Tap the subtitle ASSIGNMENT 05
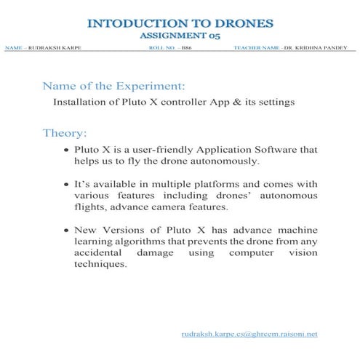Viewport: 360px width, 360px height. [x=180, y=34]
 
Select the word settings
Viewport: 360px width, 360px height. [x=272, y=103]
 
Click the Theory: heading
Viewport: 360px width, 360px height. [x=65, y=133]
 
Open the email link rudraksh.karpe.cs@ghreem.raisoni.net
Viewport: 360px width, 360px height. [x=249, y=334]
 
